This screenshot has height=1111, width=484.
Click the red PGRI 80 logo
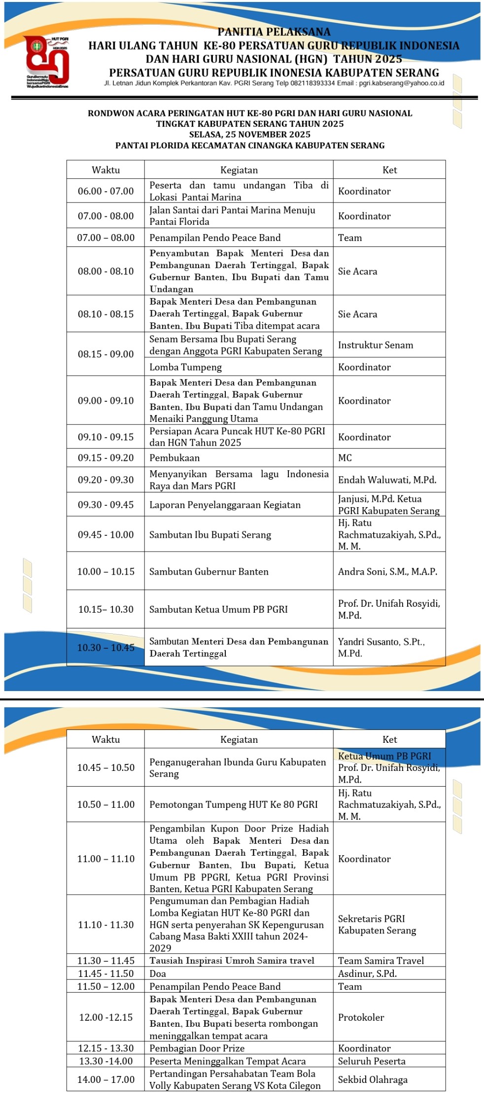point(47,62)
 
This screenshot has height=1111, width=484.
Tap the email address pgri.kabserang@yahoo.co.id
point(401,83)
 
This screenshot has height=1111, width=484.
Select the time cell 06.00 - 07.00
point(105,191)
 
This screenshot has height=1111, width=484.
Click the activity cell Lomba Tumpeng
point(186,367)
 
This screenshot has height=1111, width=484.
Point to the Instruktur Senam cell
point(375,345)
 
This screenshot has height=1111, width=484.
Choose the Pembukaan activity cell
point(174,458)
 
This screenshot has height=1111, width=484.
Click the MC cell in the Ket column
point(345,458)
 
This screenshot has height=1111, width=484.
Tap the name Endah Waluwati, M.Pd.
point(387,480)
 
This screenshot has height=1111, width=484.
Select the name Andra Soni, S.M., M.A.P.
point(387,572)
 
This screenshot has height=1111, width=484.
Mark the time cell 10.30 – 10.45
point(105,648)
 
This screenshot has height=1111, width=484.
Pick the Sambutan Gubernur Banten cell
point(209,572)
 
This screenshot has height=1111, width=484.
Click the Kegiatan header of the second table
point(239,739)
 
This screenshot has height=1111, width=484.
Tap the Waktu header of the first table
point(105,170)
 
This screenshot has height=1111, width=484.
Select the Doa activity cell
point(158,973)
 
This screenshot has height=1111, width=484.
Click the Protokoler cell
point(361,1017)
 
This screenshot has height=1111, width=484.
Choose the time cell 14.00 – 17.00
point(105,1079)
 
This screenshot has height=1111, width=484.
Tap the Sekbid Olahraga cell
point(373,1079)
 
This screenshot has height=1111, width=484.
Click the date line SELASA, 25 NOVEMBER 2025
point(250,135)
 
